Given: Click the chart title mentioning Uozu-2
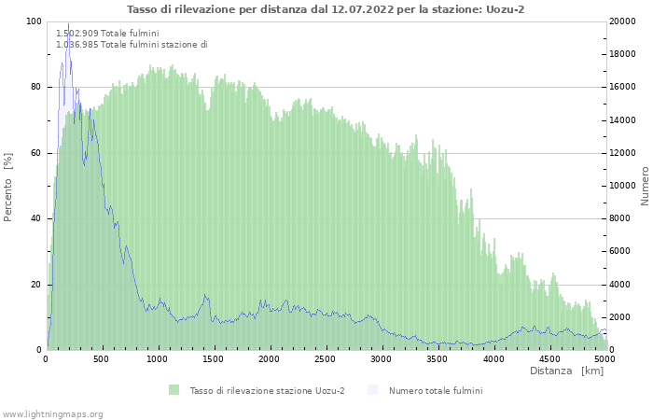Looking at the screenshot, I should tap(326, 9).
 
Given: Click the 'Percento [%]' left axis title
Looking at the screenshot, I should tap(8, 187).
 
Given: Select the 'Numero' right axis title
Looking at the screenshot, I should tap(645, 186).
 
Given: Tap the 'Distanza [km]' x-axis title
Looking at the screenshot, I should tap(566, 371).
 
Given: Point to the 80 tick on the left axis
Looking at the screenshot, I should tap(35, 88).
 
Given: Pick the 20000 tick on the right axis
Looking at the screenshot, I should tap(621, 21).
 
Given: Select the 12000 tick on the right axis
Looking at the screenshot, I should tap(621, 153).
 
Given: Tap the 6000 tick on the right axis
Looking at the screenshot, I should tap(618, 252).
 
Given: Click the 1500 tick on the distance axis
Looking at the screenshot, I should tap(214, 358).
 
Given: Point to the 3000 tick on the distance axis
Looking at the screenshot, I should tap(382, 358).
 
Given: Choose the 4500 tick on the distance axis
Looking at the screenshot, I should tap(549, 358).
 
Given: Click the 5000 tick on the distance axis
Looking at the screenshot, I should tap(604, 358).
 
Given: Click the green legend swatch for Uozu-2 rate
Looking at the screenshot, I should tap(174, 390).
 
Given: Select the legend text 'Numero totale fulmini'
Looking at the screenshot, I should tap(436, 390).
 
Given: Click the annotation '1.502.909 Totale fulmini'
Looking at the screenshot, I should tap(107, 34).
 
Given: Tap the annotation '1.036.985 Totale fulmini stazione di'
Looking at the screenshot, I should tap(132, 45).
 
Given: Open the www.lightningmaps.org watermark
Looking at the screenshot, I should tap(52, 413).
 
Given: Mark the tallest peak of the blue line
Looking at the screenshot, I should tap(68, 24).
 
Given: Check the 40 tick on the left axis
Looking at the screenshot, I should tap(35, 218).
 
